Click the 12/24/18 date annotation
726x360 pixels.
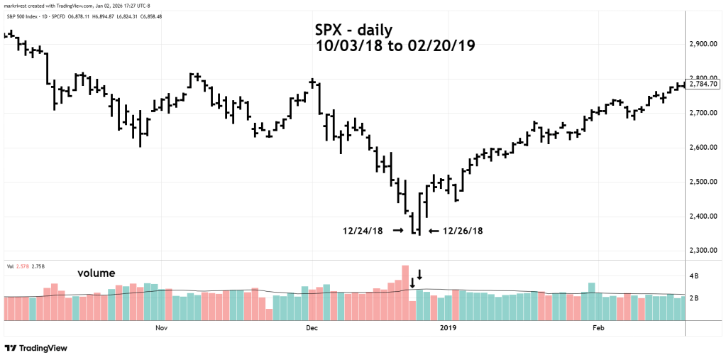pyautogui.click(x=363, y=231)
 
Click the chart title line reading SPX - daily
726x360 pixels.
pyautogui.click(x=353, y=31)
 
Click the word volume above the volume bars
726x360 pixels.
pyautogui.click(x=97, y=273)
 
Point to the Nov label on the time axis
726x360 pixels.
pyautogui.click(x=161, y=328)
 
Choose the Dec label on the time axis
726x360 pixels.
pyautogui.click(x=311, y=328)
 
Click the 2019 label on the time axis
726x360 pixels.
pyautogui.click(x=448, y=328)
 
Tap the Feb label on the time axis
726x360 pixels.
pyautogui.click(x=598, y=328)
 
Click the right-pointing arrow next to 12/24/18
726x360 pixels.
pyautogui.click(x=397, y=231)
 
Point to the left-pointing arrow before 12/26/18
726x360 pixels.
pyautogui.click(x=432, y=231)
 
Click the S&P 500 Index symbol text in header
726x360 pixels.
pyautogui.click(x=26, y=17)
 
